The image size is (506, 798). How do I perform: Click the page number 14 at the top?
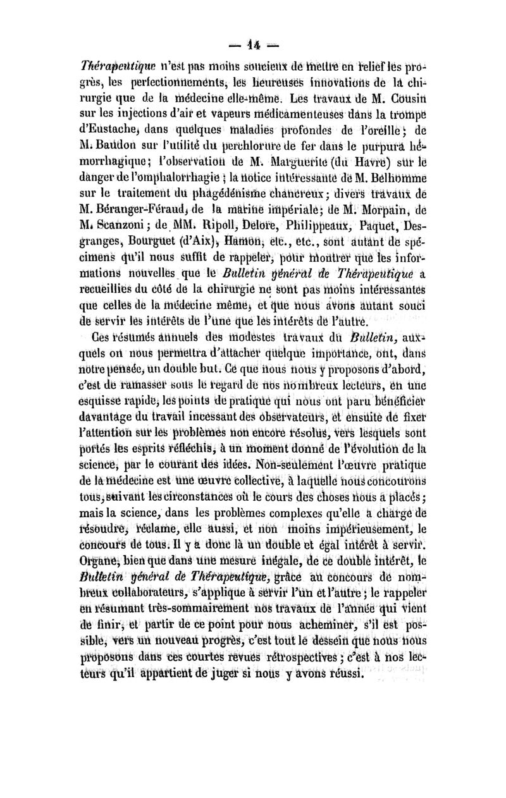[x=252, y=46]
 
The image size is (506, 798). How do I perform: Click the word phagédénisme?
[x=259, y=201]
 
